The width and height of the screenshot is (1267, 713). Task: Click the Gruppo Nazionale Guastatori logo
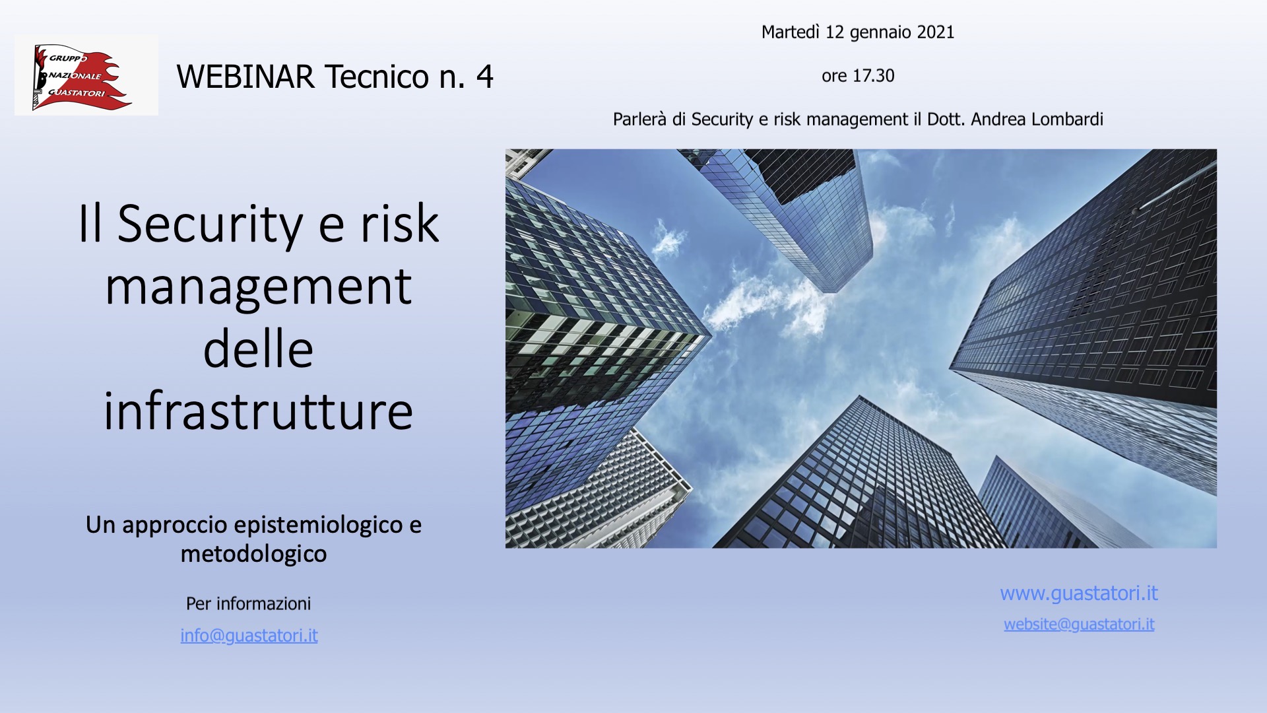point(86,75)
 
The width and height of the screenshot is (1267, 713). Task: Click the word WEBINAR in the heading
point(245,77)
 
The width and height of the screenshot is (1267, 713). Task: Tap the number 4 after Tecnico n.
point(485,77)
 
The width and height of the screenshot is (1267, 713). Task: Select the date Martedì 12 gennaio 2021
point(858,32)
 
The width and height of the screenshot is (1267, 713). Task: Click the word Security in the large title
point(211,225)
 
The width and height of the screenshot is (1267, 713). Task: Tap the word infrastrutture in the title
point(258,411)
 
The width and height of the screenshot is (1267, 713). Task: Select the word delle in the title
point(258,349)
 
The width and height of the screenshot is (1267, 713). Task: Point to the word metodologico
point(253,554)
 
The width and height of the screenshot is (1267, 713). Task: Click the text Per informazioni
point(248,604)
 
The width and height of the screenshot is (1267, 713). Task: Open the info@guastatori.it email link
point(249,636)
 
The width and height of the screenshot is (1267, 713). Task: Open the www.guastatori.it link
point(1079,594)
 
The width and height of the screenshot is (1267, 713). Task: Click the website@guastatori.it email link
point(1079,625)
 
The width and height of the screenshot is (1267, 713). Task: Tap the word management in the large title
point(258,289)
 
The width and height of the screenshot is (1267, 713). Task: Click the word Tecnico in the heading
point(377,77)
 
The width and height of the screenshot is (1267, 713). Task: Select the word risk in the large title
point(399,224)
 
